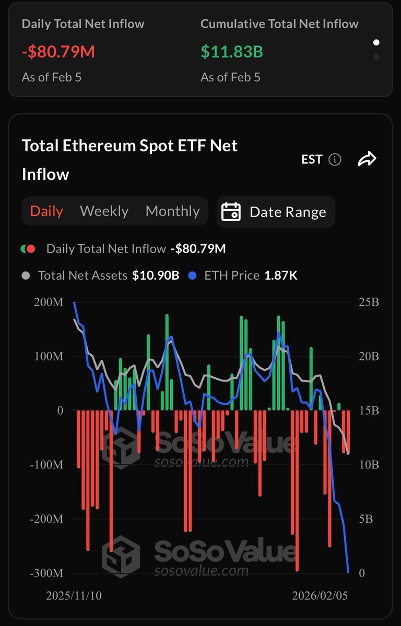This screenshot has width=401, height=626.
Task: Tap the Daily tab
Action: click(x=46, y=211)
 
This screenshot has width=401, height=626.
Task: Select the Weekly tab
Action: click(x=104, y=211)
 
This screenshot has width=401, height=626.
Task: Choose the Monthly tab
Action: click(x=172, y=211)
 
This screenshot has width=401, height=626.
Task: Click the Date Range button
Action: click(x=276, y=212)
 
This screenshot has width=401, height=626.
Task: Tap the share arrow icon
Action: click(x=367, y=160)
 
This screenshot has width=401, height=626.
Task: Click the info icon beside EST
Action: click(x=335, y=160)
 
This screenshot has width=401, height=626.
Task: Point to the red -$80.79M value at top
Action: click(x=58, y=52)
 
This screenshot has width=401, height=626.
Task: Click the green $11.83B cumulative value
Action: click(x=232, y=52)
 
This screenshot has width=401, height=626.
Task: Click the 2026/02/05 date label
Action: click(x=320, y=596)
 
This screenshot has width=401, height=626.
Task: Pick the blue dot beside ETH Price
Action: click(x=193, y=275)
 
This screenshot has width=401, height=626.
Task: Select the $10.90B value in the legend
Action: click(x=155, y=275)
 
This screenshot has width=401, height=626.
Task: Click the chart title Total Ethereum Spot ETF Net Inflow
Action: click(x=129, y=160)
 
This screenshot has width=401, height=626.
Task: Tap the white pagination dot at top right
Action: click(x=376, y=42)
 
